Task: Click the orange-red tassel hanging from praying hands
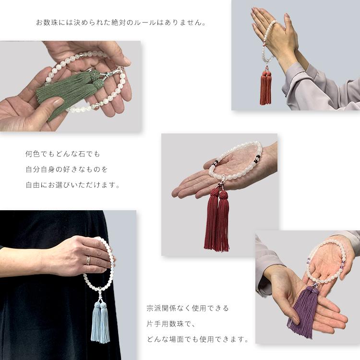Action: point(265,89)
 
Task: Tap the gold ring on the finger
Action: point(87,260)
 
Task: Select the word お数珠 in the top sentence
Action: point(47,22)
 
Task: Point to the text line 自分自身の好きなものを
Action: point(66,169)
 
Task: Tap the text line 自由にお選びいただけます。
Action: point(72,184)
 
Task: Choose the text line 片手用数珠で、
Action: point(171,324)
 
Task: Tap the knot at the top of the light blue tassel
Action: point(101,300)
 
